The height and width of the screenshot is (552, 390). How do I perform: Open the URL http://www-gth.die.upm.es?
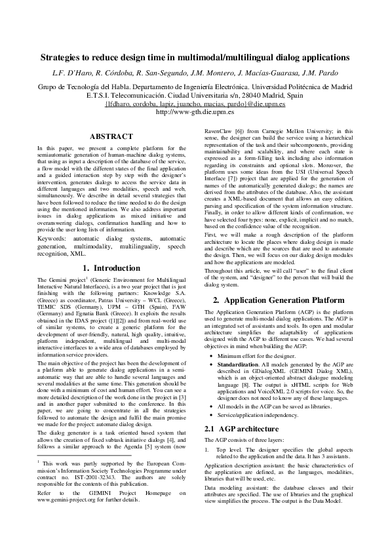pos(195,111)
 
